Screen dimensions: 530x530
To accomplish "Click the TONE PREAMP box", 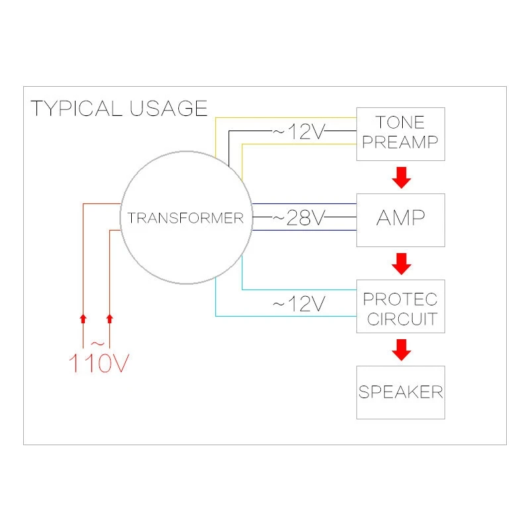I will (400, 133).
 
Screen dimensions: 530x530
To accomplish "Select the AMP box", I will (400, 219).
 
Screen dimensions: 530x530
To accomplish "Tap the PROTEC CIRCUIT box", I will (400, 306).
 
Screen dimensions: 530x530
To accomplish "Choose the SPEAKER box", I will (400, 392).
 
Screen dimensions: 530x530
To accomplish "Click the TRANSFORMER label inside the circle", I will (185, 218).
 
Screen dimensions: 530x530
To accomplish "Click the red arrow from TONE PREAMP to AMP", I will (400, 178).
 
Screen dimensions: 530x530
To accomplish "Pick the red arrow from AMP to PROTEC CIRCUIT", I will (400, 264).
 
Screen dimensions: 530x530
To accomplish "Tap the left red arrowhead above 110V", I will (83, 319).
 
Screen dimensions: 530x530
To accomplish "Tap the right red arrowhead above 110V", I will (110, 319).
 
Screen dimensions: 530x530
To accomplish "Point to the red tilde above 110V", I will (97, 343).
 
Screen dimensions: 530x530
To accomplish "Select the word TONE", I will (400, 122).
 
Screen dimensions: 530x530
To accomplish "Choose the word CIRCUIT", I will (400, 319).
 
